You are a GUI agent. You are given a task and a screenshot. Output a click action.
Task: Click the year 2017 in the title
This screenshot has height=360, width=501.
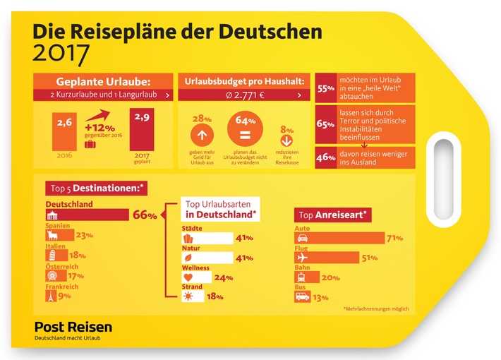pyautogui.click(x=64, y=52)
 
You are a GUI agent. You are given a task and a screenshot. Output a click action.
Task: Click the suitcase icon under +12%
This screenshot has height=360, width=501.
pyautogui.click(x=91, y=143)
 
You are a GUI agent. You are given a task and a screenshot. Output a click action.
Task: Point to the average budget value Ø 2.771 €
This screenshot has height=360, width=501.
pyautogui.click(x=241, y=93)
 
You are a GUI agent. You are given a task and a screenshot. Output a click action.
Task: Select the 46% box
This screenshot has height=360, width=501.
pyautogui.click(x=325, y=157)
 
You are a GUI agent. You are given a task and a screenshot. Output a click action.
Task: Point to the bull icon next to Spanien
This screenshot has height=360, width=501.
pyautogui.click(x=54, y=236)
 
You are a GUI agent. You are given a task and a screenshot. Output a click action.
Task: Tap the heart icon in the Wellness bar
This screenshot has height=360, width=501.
pyautogui.click(x=188, y=277)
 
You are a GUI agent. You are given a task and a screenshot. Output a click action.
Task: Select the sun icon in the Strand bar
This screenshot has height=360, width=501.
pyautogui.click(x=188, y=297)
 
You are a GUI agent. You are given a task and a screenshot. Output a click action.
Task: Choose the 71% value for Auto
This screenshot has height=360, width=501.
pyautogui.click(x=395, y=238)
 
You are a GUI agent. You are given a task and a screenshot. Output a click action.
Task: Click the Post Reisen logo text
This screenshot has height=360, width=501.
pyautogui.click(x=73, y=327)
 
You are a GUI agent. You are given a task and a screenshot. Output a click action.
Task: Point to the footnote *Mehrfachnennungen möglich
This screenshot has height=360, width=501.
pyautogui.click(x=375, y=309)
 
